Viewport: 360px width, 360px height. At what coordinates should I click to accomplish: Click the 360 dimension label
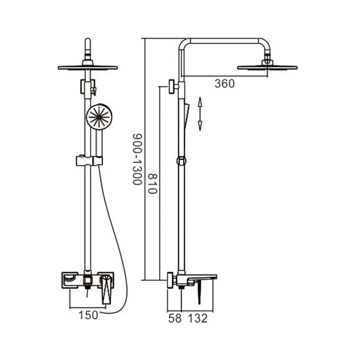[225, 84]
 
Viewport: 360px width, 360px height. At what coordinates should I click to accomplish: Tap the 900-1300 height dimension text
[137, 159]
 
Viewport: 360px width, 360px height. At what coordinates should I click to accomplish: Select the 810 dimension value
[152, 184]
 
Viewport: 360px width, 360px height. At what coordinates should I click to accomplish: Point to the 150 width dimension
[88, 315]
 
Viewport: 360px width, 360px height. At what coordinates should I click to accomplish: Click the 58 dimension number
[175, 319]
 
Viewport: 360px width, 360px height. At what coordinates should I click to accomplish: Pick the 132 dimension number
[198, 319]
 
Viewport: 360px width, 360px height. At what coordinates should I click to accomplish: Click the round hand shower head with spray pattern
[99, 117]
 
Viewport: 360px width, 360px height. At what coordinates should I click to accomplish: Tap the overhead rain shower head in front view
[88, 67]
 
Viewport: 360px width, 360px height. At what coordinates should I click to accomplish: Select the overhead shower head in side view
[267, 67]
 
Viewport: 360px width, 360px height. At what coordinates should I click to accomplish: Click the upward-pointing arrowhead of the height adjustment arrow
[200, 102]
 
